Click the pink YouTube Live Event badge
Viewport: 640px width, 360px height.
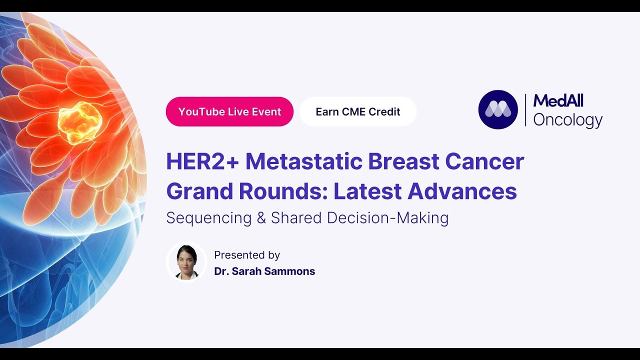(x=229, y=111)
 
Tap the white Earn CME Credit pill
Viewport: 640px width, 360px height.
(x=358, y=111)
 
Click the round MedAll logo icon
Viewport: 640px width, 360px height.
(x=498, y=109)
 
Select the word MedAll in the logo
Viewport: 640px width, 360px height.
(x=558, y=101)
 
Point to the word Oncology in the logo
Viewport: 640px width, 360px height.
(x=567, y=120)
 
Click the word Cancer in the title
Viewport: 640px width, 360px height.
(x=485, y=162)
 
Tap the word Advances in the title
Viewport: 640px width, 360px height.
(x=462, y=191)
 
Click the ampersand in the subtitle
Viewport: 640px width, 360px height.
(x=261, y=218)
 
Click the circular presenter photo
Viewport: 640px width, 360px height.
(x=186, y=262)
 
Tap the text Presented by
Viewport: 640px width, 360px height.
(x=247, y=255)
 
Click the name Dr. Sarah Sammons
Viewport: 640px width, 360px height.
(x=264, y=271)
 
